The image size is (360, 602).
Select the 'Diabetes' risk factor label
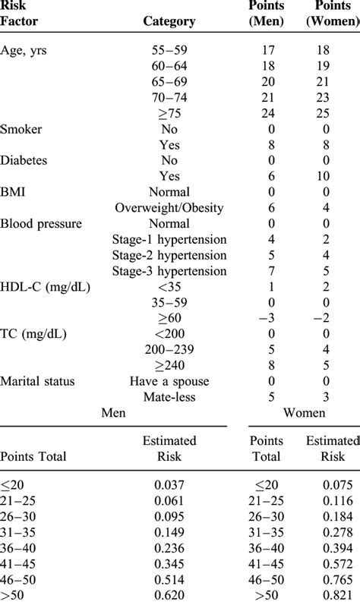point(28,161)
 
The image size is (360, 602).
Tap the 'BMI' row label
point(14,192)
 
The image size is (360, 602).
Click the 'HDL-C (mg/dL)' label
point(43,288)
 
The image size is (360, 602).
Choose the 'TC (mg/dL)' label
point(34,335)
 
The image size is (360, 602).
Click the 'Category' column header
point(169,22)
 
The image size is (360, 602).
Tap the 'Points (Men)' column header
point(267,14)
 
